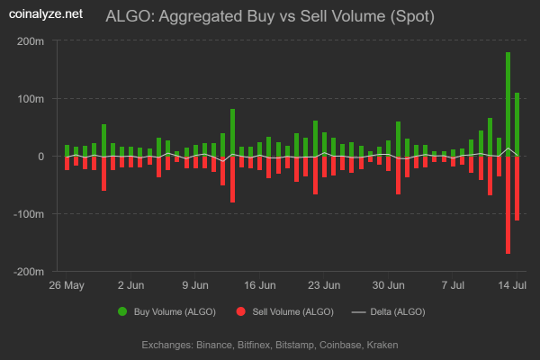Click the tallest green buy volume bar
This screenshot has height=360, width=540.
click(508, 103)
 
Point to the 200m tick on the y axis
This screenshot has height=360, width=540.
click(30, 41)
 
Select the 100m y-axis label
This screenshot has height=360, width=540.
click(30, 99)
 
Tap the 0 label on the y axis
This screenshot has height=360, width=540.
click(40, 157)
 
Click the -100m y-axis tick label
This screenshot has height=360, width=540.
click(28, 214)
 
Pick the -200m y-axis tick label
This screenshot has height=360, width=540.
click(28, 272)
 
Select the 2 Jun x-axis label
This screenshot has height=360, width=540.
click(130, 285)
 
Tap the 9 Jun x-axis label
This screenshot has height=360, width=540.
click(195, 285)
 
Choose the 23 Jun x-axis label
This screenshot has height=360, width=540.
click(324, 285)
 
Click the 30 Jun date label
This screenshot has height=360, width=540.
click(389, 285)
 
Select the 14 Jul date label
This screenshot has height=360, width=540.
click(513, 285)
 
